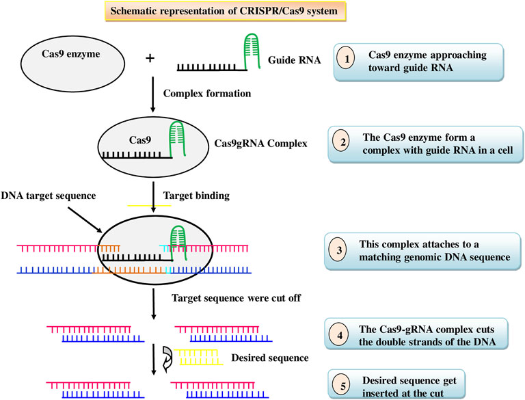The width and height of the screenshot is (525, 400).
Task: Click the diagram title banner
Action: (x=226, y=11)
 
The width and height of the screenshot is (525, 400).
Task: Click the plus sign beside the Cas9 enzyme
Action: (x=150, y=58)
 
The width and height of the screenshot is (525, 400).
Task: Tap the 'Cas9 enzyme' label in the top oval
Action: (x=71, y=54)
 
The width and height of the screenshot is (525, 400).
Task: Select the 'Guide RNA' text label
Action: (x=295, y=60)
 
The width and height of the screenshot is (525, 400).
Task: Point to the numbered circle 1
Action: (x=347, y=59)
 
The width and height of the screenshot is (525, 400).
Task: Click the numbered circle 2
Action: (x=342, y=142)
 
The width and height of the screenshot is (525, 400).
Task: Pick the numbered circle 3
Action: (x=339, y=250)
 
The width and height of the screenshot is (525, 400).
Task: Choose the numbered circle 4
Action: (x=340, y=335)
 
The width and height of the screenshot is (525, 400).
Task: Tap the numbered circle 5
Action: (x=342, y=386)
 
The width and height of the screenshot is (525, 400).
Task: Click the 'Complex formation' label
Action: (x=207, y=94)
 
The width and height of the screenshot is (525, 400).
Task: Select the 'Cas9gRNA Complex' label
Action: (x=260, y=144)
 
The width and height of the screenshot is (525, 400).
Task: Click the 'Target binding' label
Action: (x=196, y=196)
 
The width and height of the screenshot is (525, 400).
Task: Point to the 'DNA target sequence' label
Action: (x=49, y=196)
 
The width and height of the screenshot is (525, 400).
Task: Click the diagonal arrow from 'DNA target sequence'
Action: (x=85, y=219)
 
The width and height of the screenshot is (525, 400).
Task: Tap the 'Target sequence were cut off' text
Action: (x=237, y=298)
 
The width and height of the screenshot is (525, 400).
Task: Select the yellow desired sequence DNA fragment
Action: (x=198, y=357)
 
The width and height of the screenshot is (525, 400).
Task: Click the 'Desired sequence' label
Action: (x=270, y=358)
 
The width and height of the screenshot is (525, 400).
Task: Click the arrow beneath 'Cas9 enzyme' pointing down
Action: (x=153, y=94)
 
